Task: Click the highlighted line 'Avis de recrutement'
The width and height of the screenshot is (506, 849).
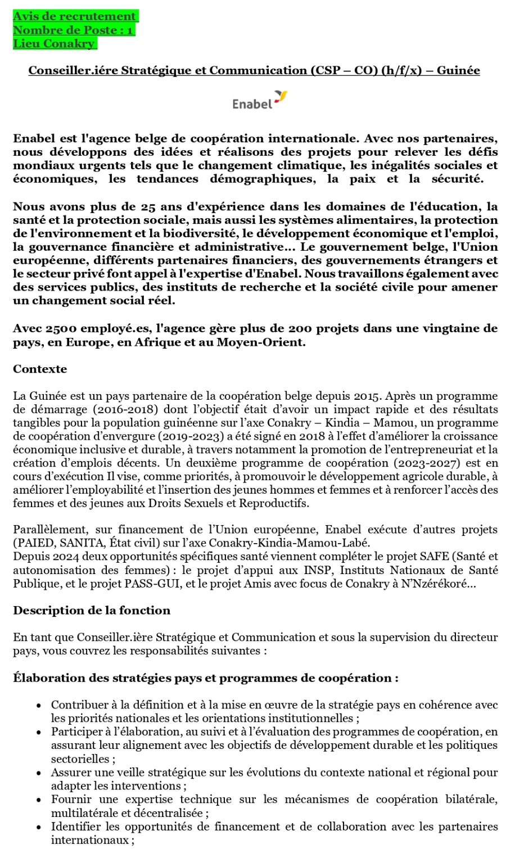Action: click(75, 16)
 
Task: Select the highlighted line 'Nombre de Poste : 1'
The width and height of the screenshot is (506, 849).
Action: click(73, 30)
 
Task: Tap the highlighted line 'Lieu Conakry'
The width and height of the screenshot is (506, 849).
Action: click(54, 43)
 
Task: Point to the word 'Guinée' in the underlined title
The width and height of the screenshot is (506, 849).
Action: click(458, 70)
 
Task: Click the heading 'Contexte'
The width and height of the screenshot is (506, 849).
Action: click(40, 369)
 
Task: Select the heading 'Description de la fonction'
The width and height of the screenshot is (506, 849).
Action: click(92, 610)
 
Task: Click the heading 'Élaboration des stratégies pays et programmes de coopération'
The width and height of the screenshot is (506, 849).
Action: click(205, 678)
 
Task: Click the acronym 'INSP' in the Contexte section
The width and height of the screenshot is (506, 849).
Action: click(316, 570)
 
